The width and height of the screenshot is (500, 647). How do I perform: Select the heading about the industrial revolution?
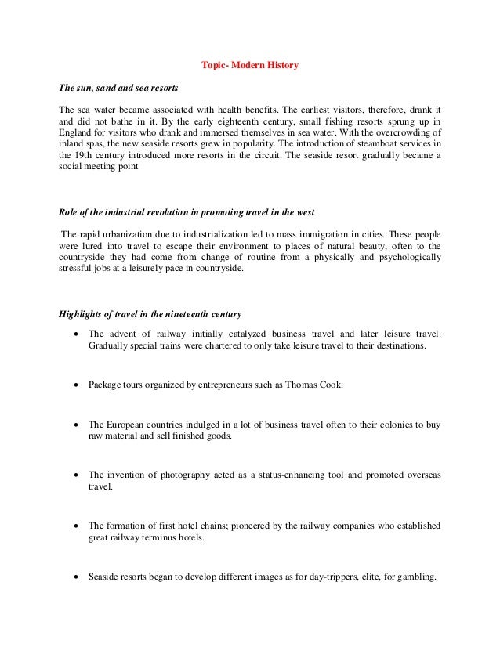(x=187, y=213)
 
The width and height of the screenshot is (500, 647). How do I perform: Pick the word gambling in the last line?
(x=415, y=577)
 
